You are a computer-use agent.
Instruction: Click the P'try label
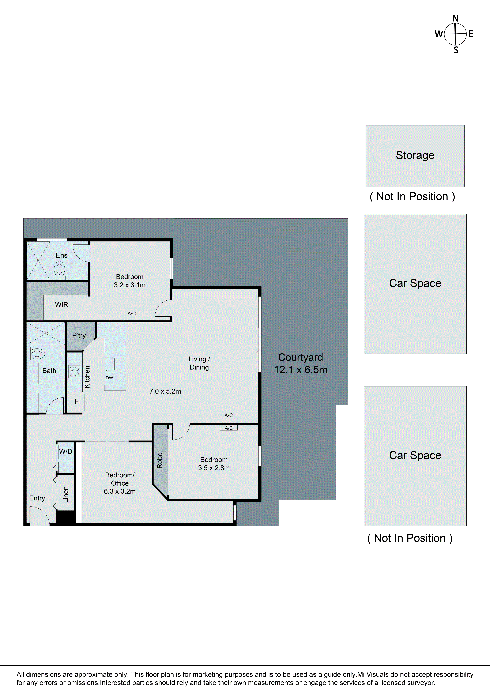[79, 335]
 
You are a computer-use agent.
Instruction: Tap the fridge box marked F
[76, 401]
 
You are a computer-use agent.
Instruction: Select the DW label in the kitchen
[109, 378]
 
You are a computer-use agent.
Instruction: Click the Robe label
[160, 460]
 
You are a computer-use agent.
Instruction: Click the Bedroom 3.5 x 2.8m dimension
[214, 468]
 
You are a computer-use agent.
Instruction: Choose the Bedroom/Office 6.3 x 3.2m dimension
[120, 491]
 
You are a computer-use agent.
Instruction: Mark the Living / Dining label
[199, 363]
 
